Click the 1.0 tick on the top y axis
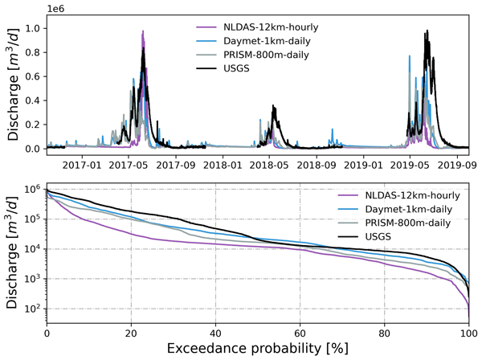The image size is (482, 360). [x=33, y=28]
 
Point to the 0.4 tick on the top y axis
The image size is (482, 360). [x=33, y=100]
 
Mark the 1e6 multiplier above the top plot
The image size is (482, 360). [x=57, y=9]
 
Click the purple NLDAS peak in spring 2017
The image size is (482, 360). [x=143, y=31]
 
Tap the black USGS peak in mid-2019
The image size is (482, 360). [x=427, y=31]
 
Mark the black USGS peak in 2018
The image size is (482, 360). [x=274, y=105]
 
